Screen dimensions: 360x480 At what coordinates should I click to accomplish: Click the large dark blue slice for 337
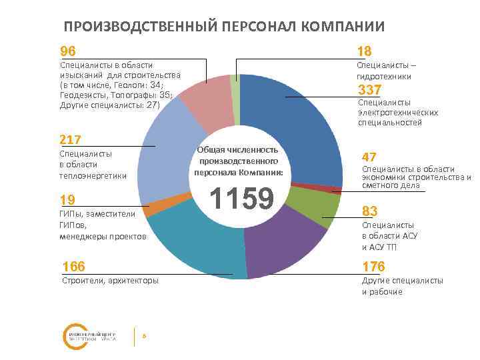pos(300,127)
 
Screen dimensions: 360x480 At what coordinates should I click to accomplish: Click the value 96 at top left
pos(68,51)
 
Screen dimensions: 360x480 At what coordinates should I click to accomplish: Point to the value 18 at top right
pos(364,51)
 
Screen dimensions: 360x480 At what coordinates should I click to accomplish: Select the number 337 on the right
pos(370,90)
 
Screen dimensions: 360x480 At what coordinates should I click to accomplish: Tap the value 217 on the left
pos(70,139)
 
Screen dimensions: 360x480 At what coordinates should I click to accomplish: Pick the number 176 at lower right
pos(373,267)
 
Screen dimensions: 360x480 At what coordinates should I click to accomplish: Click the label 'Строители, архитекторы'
pos(110,281)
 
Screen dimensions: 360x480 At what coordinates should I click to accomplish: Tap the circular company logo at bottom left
pos(74,337)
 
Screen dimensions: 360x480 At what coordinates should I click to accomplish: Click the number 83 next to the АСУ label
pos(370,211)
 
